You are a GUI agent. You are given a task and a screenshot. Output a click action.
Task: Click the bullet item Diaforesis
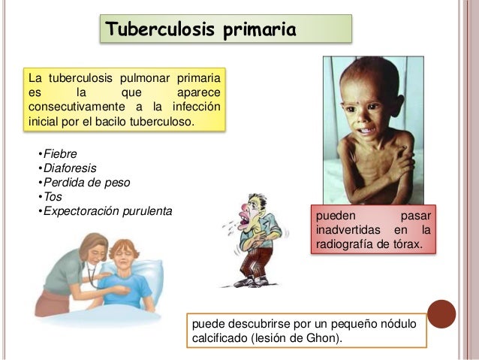tap(68, 168)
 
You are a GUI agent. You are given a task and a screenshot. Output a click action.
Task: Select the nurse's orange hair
tap(89, 245)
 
